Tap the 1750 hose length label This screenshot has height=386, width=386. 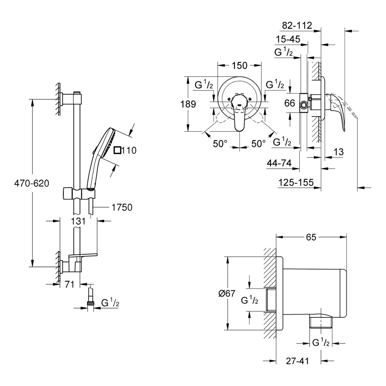coord(122,208)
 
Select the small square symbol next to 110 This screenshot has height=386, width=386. coord(118,150)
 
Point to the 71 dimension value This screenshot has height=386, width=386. coord(70,285)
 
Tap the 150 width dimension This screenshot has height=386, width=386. coord(239,65)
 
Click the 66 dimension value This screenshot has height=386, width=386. coord(290,103)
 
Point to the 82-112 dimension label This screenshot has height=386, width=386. coord(297,25)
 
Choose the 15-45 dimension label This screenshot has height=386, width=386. coord(288,39)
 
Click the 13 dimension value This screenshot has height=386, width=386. coord(338,152)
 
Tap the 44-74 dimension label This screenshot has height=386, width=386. coord(279,163)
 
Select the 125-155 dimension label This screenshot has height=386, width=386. coord(296,182)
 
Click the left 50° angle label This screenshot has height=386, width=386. coord(220,143)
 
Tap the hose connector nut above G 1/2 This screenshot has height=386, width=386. coord(91,304)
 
